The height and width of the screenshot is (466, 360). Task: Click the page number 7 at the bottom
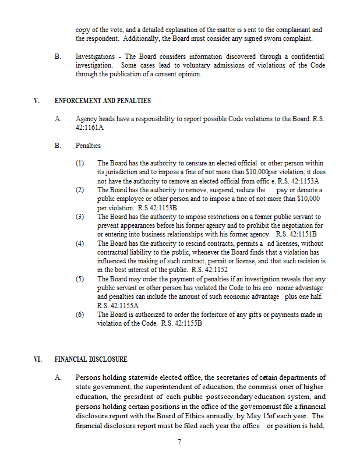pos(179,442)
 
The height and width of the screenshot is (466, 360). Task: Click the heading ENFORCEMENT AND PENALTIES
pos(103,101)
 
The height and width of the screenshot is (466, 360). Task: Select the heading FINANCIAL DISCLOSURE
pos(91,359)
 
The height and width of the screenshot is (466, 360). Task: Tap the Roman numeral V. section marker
pos(37,101)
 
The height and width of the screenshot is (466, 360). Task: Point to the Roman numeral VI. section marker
pos(38,359)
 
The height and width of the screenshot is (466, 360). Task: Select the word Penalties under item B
pos(88,145)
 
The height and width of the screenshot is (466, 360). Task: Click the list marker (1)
pos(80,163)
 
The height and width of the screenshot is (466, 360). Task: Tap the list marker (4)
pos(80,243)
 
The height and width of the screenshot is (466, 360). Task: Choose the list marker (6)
pos(80,315)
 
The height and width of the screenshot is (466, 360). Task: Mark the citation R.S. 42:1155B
pos(182,323)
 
